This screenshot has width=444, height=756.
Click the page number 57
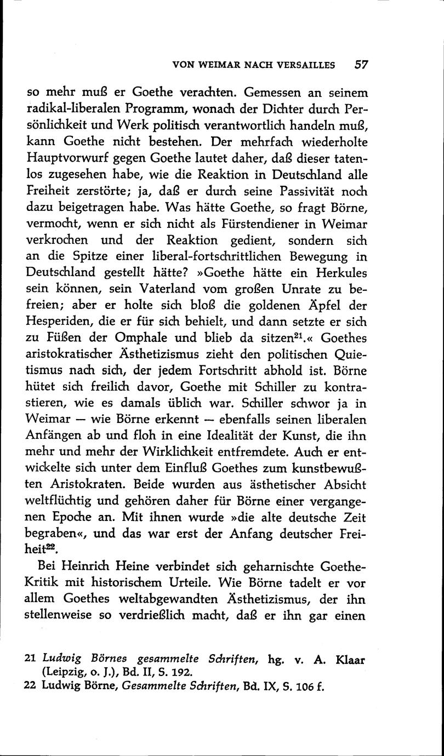[361, 64]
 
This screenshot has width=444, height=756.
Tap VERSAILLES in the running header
[305, 65]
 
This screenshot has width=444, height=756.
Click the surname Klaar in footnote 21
[350, 660]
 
